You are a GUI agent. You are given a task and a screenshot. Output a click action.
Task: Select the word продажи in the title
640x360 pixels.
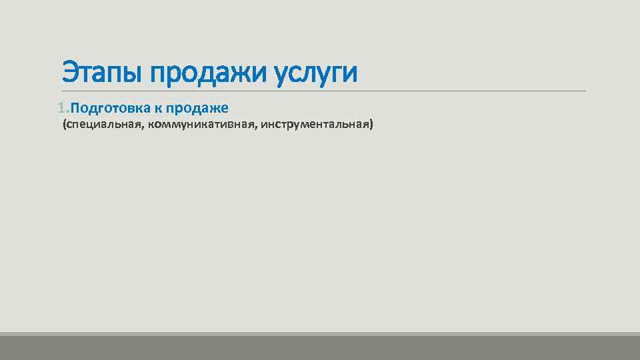pyautogui.click(x=209, y=73)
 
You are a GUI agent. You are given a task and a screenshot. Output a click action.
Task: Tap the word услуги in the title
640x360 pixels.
pyautogui.click(x=316, y=73)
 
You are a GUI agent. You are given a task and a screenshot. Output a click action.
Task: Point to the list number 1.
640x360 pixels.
pyautogui.click(x=62, y=108)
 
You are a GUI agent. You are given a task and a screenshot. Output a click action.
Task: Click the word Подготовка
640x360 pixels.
pyautogui.click(x=110, y=108)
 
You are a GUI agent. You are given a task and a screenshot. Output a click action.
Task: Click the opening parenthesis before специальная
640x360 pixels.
pyautogui.click(x=64, y=125)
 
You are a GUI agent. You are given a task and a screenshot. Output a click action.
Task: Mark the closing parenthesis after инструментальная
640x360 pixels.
pyautogui.click(x=371, y=125)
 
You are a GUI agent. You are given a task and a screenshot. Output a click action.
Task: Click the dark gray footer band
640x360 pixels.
pyautogui.click(x=320, y=348)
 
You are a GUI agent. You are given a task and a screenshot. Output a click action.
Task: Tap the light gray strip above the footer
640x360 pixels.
pyautogui.click(x=320, y=334)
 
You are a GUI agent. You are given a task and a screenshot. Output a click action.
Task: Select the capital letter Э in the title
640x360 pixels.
pyautogui.click(x=69, y=73)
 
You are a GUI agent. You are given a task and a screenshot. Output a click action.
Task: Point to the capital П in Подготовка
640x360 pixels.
pyautogui.click(x=74, y=108)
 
